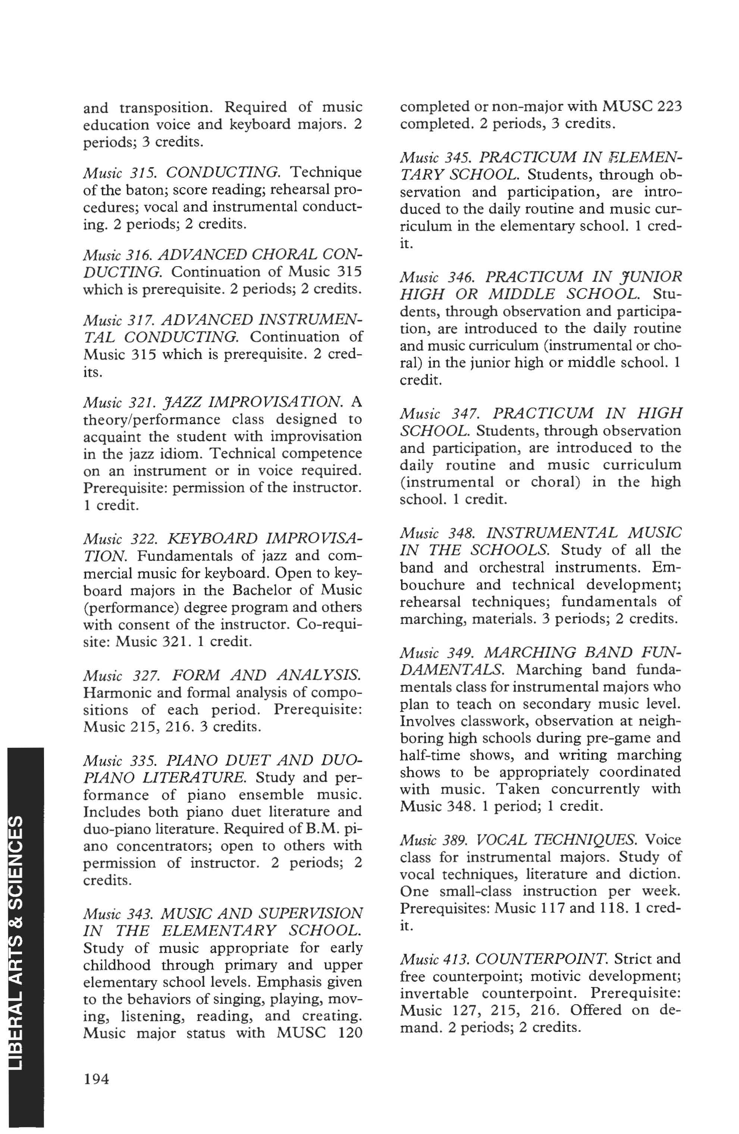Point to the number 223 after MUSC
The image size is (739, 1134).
click(x=669, y=106)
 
